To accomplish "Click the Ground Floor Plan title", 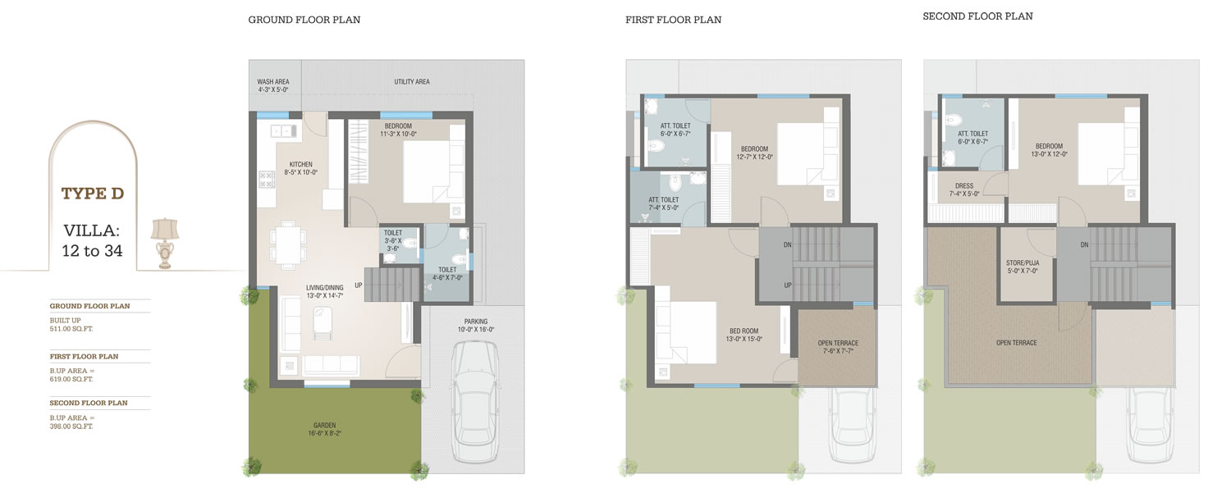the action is pyautogui.click(x=304, y=20).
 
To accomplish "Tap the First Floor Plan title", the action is pyautogui.click(x=673, y=20).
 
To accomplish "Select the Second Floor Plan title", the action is pyautogui.click(x=977, y=16).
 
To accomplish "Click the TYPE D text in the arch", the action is pyautogui.click(x=92, y=194).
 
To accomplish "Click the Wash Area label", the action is pyautogui.click(x=273, y=86).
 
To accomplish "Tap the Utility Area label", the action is pyautogui.click(x=412, y=82).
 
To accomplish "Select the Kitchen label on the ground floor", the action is pyautogui.click(x=300, y=168).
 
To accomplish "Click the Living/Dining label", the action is pyautogui.click(x=325, y=291).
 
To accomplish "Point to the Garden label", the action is pyautogui.click(x=325, y=429).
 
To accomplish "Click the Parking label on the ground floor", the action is pyautogui.click(x=476, y=326).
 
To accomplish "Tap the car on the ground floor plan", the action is pyautogui.click(x=475, y=402).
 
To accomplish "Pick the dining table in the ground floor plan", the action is pyautogui.click(x=288, y=244).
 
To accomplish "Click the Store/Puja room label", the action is pyautogui.click(x=1023, y=267).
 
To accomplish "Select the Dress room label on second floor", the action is pyautogui.click(x=964, y=189).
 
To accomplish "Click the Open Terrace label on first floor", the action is pyautogui.click(x=838, y=347).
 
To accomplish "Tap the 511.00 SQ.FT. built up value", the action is pyautogui.click(x=71, y=329).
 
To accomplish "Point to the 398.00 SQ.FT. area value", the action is pyautogui.click(x=71, y=427).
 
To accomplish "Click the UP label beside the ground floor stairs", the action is pyautogui.click(x=359, y=285).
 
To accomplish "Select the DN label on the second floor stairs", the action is pyautogui.click(x=1084, y=244).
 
